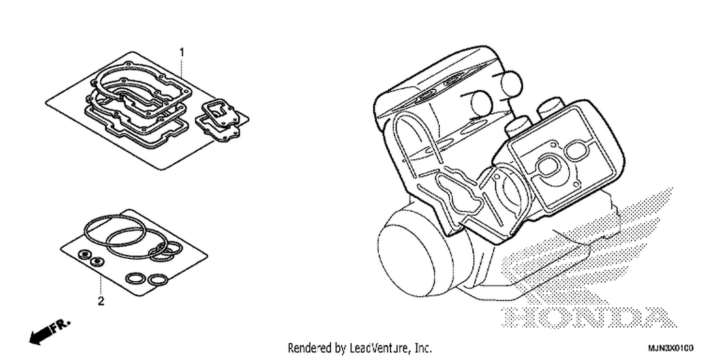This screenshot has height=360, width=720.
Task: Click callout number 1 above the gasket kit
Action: click(182, 52)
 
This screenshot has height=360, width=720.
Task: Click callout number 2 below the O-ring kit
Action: click(101, 301)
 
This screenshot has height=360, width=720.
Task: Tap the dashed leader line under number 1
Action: click(182, 68)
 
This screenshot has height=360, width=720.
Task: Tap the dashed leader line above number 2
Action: click(101, 286)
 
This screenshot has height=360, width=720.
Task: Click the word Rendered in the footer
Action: click(309, 348)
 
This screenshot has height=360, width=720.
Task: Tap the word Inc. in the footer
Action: click(423, 348)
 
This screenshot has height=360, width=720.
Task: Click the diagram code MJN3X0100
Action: click(671, 348)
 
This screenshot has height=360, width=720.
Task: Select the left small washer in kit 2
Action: click(84, 255)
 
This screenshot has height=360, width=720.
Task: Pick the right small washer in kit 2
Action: click(96, 262)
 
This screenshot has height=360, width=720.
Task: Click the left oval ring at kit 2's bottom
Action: click(135, 278)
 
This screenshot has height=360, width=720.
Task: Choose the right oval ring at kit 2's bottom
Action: click(158, 280)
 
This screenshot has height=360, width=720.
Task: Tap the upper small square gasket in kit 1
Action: click(220, 111)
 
